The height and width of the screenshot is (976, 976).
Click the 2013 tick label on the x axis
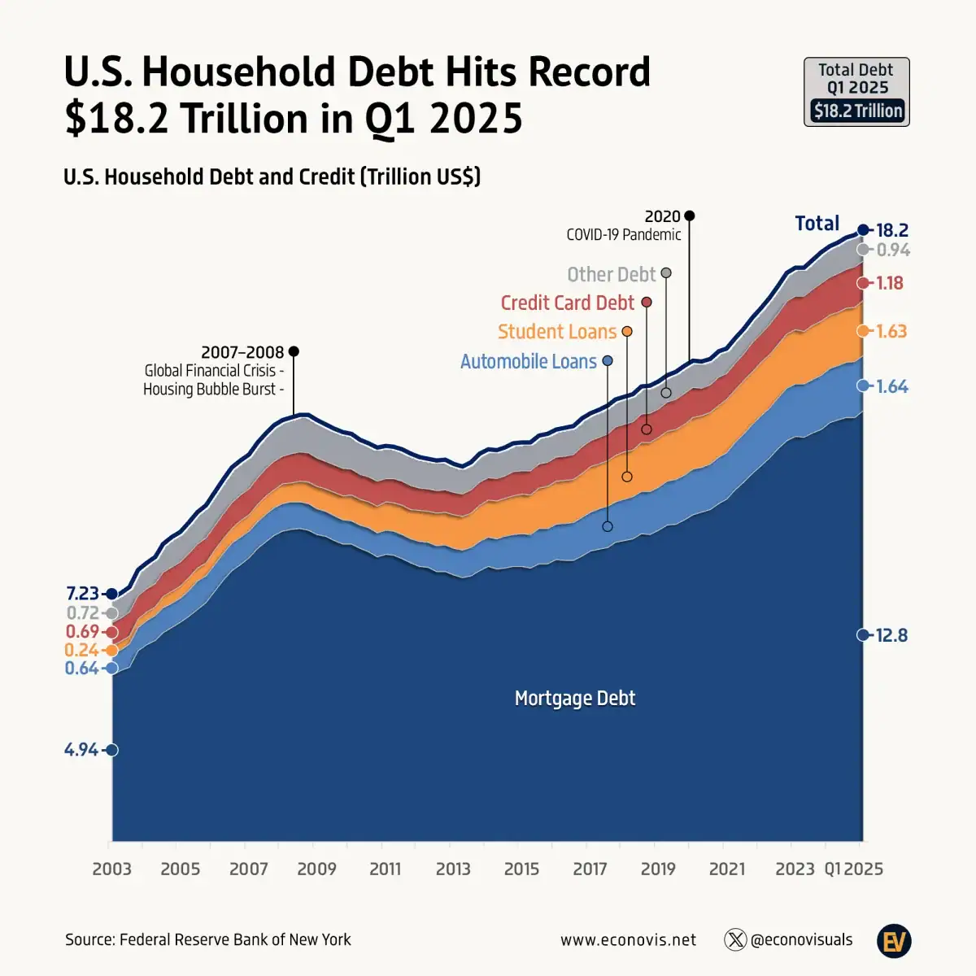[x=453, y=869]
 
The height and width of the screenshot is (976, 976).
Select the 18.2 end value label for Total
[x=892, y=230]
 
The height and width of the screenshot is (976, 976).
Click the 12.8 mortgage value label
[x=891, y=635]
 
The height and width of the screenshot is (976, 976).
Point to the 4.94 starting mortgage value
[x=81, y=749]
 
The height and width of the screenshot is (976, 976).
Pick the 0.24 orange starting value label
[x=81, y=650]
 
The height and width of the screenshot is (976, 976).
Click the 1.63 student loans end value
[x=891, y=331]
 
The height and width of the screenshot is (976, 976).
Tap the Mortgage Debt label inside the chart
[x=575, y=698]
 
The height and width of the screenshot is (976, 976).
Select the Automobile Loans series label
[x=529, y=361]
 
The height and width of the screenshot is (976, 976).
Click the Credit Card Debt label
[x=567, y=303]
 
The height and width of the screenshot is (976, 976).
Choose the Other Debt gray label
[x=611, y=274]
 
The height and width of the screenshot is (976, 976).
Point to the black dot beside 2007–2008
[x=294, y=351]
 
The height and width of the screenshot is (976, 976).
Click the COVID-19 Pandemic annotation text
[x=624, y=234]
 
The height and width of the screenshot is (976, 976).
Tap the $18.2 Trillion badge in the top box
[x=857, y=111]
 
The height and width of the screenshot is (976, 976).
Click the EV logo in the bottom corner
[x=894, y=941]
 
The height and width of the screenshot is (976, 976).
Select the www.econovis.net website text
[x=628, y=940]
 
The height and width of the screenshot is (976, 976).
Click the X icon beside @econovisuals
[x=735, y=940]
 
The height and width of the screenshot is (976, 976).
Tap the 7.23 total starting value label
[x=82, y=593]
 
